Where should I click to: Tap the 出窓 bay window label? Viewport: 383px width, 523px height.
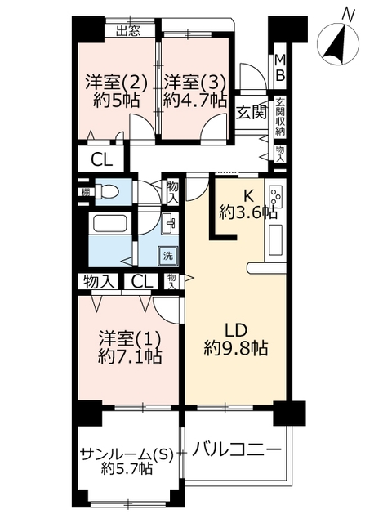pyautogui.click(x=128, y=31)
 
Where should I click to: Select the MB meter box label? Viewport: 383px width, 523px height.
pyautogui.click(x=280, y=68)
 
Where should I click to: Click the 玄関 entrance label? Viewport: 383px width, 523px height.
pyautogui.click(x=252, y=113)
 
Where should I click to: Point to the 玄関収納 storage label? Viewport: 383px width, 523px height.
pyautogui.click(x=280, y=116)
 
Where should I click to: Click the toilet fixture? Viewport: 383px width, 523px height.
pyautogui.click(x=107, y=193)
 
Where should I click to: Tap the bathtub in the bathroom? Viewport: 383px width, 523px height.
pyautogui.click(x=110, y=224)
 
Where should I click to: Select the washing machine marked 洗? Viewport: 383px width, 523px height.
pyautogui.click(x=168, y=256)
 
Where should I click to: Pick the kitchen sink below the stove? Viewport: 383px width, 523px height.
pyautogui.click(x=275, y=239)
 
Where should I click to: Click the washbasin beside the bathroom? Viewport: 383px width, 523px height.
pyautogui.click(x=169, y=223)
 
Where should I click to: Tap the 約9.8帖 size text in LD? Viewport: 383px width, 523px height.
pyautogui.click(x=236, y=349)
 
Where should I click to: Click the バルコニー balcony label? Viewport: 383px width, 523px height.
pyautogui.click(x=236, y=450)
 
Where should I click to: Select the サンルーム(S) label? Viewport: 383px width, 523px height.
pyautogui.click(x=127, y=454)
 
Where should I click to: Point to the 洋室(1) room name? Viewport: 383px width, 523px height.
pyautogui.click(x=131, y=339)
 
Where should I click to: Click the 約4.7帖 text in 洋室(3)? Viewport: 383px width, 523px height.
pyautogui.click(x=195, y=100)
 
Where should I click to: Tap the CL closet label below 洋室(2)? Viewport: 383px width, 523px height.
pyautogui.click(x=102, y=160)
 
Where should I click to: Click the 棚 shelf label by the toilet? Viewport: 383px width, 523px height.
pyautogui.click(x=86, y=192)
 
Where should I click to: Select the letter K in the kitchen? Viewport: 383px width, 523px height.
pyautogui.click(x=248, y=196)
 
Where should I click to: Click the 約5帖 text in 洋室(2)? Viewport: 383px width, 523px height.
pyautogui.click(x=116, y=100)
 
